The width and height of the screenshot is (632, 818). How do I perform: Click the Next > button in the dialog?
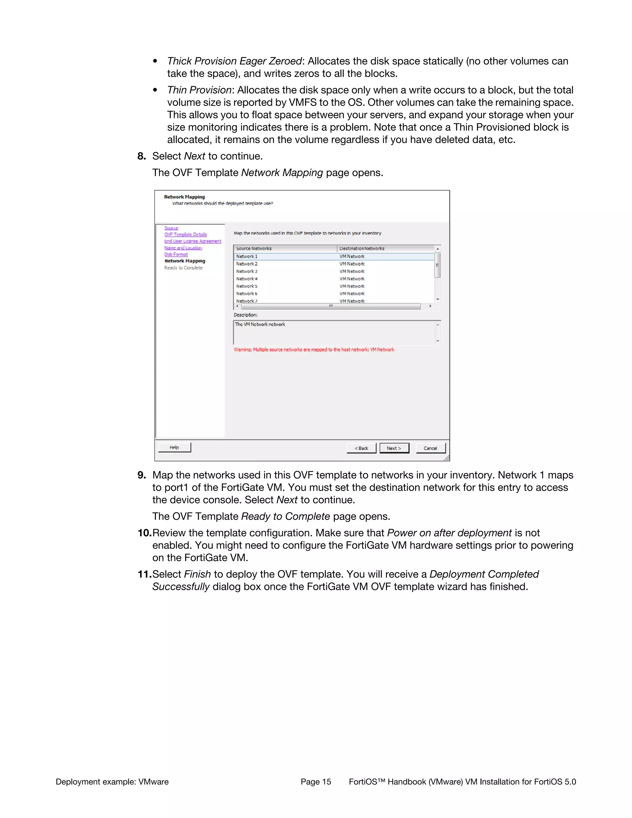(x=394, y=448)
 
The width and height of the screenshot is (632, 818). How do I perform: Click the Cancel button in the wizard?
(x=430, y=448)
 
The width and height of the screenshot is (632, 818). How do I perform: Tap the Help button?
(x=174, y=447)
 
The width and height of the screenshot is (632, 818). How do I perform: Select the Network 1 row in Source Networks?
(x=247, y=257)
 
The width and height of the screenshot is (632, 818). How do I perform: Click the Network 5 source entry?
(x=247, y=286)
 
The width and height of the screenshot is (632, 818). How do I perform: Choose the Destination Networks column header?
(x=362, y=248)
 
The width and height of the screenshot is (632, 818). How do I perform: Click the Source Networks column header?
(x=254, y=248)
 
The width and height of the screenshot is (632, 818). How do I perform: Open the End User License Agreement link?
(x=193, y=241)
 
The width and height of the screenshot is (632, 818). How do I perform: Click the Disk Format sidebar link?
(x=176, y=254)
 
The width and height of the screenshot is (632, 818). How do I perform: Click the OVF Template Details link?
(x=185, y=235)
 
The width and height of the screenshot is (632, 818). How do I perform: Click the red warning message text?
(x=314, y=349)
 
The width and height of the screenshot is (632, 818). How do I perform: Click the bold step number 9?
(x=142, y=475)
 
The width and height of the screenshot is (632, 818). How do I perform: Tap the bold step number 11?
(x=144, y=574)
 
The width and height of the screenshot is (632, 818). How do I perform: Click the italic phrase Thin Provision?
(x=199, y=90)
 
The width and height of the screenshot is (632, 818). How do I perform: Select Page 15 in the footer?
(x=316, y=782)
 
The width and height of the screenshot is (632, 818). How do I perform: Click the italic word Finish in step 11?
(x=197, y=574)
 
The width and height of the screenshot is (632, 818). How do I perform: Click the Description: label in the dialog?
(x=245, y=315)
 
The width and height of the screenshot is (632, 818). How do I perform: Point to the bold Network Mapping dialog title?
(x=184, y=197)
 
